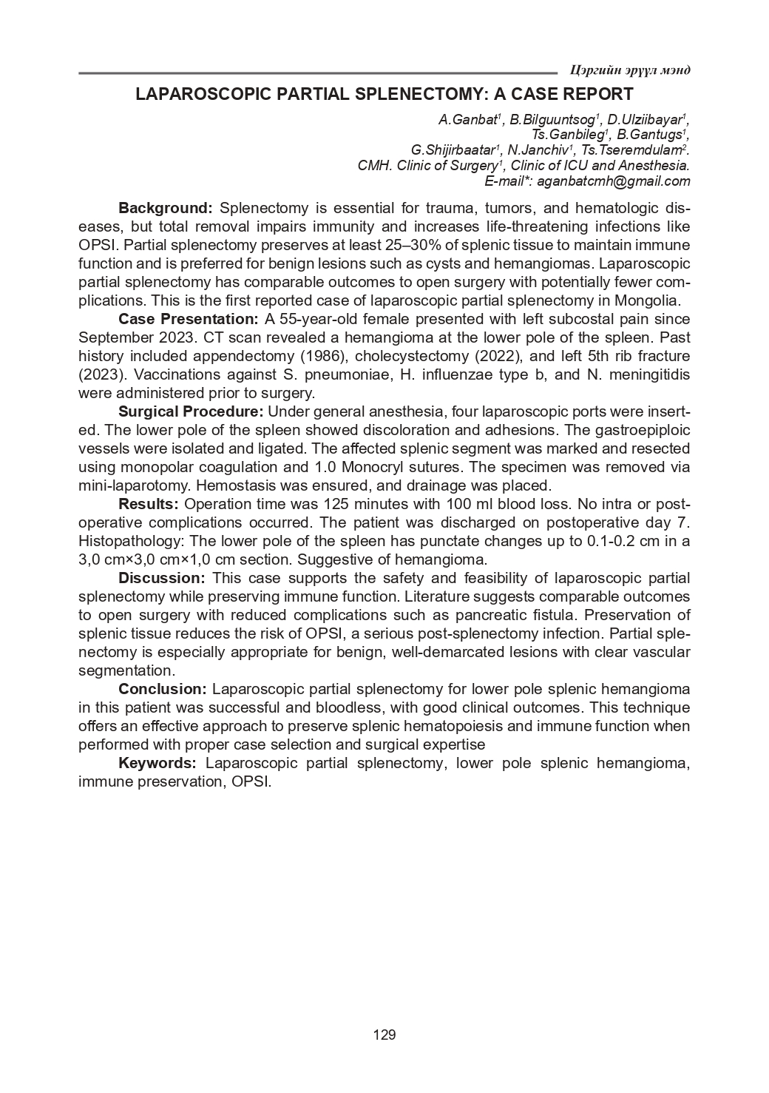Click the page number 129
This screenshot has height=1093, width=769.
pos(384,1035)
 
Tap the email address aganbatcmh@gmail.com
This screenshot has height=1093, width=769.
pos(613,181)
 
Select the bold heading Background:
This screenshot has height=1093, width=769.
pos(166,208)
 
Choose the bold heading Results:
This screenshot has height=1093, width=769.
pos(149,504)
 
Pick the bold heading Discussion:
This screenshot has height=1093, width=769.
pos(161,578)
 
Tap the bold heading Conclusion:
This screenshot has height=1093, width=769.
pos(163,689)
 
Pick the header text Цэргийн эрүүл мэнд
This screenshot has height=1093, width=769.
pos(631,70)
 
